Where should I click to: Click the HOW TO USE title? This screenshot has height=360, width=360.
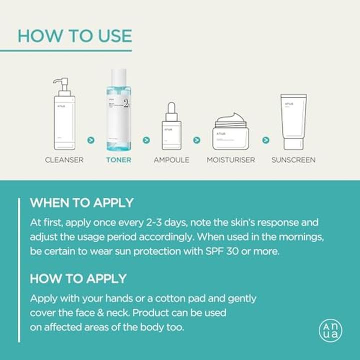pos(74,35)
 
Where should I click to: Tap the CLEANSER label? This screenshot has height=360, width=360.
pos(64,160)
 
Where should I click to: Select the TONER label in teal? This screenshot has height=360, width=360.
pos(118,160)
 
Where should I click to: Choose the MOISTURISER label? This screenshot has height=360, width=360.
pos(230,160)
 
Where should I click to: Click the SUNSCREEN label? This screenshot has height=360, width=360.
pos(293,160)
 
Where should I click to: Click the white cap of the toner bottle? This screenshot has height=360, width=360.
pos(118,77)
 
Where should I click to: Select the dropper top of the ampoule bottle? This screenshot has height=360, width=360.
pos(171,111)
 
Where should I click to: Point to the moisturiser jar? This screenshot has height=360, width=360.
pos(230,134)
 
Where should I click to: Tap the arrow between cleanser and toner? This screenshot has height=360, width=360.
pos(90,140)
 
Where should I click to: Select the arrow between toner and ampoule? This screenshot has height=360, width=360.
pos(146,140)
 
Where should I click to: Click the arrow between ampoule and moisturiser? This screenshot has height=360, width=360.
pos(196,140)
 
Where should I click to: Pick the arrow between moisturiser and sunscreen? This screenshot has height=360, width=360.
pos(265,140)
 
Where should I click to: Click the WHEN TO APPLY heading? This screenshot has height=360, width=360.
pos(81,203)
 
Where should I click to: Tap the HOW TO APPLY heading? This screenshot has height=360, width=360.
pos(78,278)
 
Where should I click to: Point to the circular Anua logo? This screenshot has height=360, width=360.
pos(330,330)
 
